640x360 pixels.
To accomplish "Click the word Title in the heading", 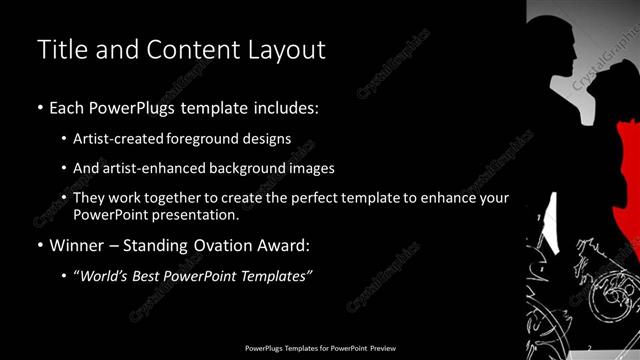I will point(61,49).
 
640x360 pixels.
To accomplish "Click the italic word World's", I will point(106,275).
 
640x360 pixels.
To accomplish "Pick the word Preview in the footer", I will point(383,348).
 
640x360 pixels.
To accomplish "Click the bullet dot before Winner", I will point(40,245).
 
